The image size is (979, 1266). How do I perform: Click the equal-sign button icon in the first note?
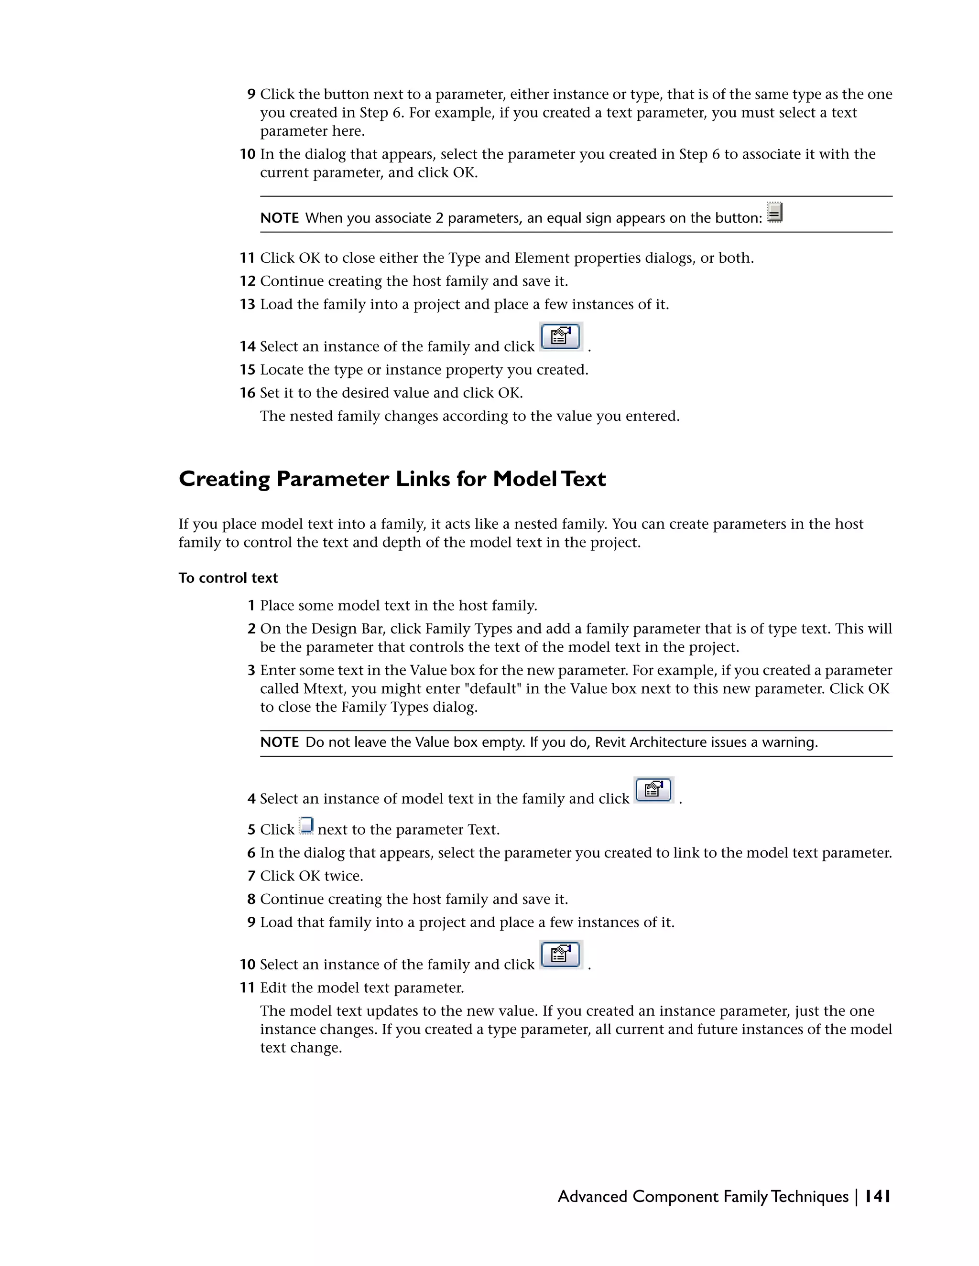[774, 212]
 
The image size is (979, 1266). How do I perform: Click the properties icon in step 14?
[560, 336]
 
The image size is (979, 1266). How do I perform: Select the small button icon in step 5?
[306, 826]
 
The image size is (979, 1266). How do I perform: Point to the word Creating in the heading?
[224, 479]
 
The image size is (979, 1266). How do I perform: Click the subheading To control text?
[228, 578]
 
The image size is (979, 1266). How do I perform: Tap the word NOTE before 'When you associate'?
[279, 218]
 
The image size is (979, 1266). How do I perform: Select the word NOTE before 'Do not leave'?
[279, 742]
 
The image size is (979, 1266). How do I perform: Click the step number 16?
[248, 393]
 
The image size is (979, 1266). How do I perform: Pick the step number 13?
[248, 304]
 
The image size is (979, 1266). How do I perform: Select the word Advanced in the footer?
[592, 1196]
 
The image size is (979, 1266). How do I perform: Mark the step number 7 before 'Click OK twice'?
[251, 876]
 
